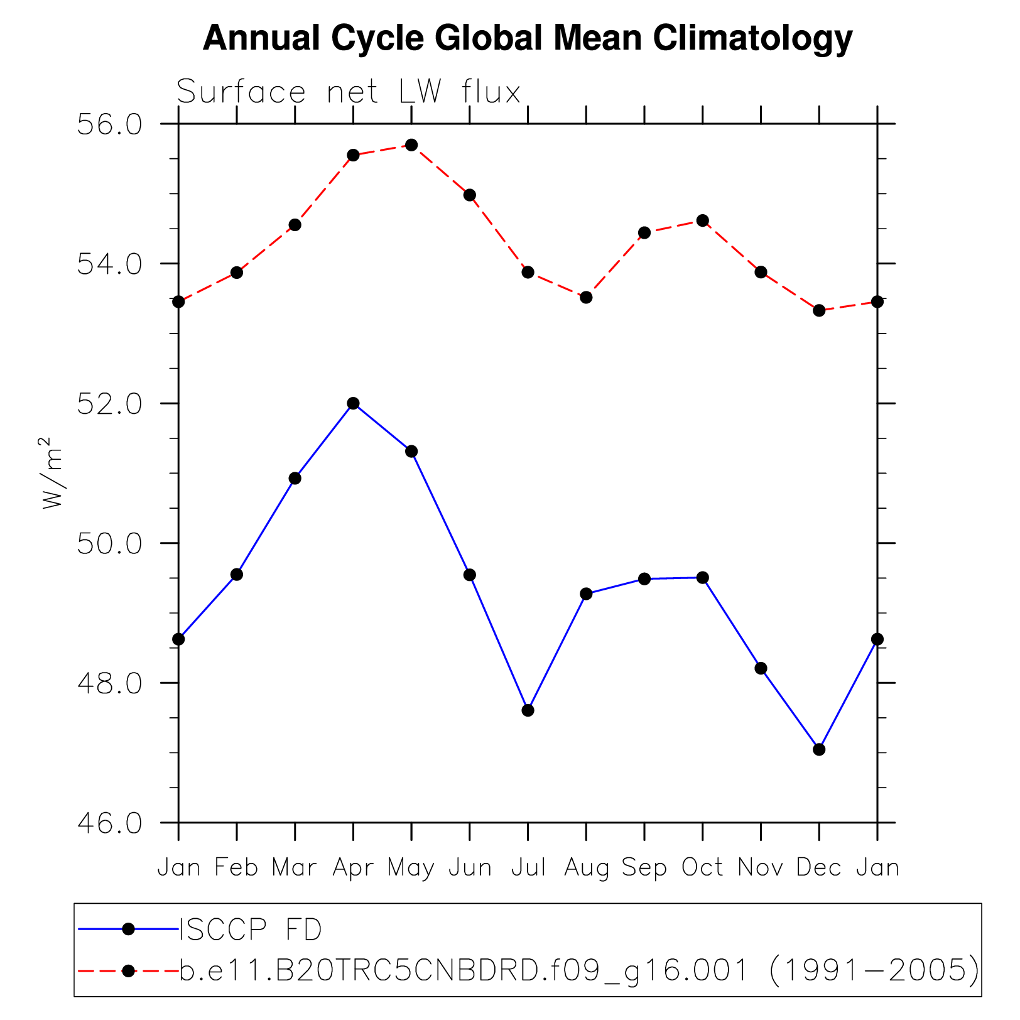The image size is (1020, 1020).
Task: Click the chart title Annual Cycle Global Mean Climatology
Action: click(x=528, y=39)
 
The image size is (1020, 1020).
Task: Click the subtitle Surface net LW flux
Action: click(x=349, y=92)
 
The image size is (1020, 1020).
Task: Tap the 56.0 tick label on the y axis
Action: click(x=110, y=124)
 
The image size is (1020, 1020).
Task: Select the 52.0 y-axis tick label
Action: click(x=110, y=404)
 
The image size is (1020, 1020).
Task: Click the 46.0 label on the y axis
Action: click(x=110, y=823)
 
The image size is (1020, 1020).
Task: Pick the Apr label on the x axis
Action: click(x=353, y=868)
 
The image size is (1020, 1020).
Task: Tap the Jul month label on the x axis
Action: click(x=528, y=868)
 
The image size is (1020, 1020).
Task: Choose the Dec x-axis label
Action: click(x=818, y=868)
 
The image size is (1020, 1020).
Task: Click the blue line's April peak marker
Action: click(x=353, y=403)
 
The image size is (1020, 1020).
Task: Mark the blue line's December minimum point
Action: click(x=819, y=749)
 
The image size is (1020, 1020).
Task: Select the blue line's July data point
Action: click(x=528, y=710)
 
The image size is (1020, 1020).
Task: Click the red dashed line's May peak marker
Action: click(x=411, y=145)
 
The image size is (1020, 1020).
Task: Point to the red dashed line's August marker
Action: click(x=586, y=297)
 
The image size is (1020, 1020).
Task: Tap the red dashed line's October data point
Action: click(x=703, y=220)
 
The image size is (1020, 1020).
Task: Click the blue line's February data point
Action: click(x=237, y=574)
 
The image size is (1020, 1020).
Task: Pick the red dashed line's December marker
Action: click(x=819, y=310)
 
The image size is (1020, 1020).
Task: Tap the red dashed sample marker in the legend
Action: click(x=128, y=971)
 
